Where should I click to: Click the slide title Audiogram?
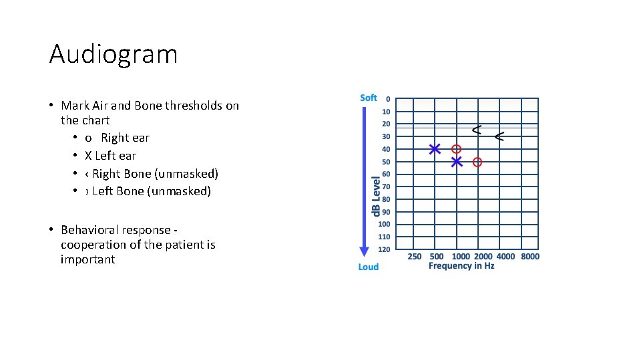[x=114, y=53]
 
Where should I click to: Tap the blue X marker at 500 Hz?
[x=435, y=149]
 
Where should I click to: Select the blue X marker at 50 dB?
[x=456, y=162]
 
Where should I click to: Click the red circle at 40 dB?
[x=456, y=149]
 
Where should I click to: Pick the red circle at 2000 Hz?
[x=477, y=162]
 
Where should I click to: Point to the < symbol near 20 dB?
[x=477, y=129]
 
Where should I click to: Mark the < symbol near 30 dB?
[x=498, y=136]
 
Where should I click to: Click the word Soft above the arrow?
[x=369, y=98]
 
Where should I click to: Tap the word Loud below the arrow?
[x=368, y=267]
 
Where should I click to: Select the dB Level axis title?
[x=376, y=196]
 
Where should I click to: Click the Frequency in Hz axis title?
[x=461, y=266]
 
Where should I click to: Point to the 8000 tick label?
[x=529, y=256]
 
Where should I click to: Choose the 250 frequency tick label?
[x=415, y=256]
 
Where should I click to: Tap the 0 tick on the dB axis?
[x=389, y=99]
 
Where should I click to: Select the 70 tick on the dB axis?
[x=386, y=187]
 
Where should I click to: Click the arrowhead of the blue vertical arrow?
[x=364, y=251]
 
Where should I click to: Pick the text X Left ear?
[x=110, y=156]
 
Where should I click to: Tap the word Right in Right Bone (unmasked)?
[x=107, y=174]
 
